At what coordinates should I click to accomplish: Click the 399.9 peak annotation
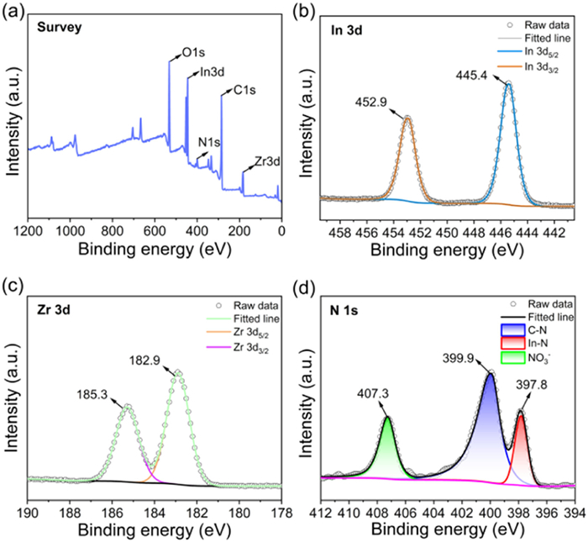(458, 356)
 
